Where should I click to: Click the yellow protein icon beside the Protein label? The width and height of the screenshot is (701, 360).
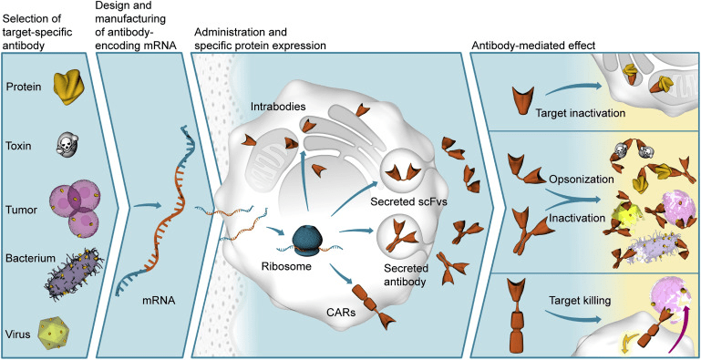point(69,88)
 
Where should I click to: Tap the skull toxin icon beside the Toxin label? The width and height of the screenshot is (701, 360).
point(67,144)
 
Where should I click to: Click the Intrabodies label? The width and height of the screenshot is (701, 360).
point(267,107)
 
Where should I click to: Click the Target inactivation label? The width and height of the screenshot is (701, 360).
point(580,113)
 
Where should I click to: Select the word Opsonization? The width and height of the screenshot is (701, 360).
point(581,179)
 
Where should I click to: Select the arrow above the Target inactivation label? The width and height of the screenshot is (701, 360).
point(572,87)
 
